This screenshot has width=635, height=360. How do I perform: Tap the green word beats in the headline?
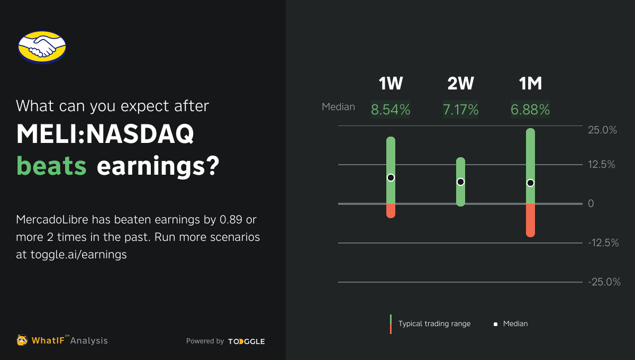point(51,166)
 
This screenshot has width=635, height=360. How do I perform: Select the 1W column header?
point(391,84)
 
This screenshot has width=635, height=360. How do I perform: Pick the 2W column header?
point(460,84)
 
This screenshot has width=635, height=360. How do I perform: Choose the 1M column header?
point(530,84)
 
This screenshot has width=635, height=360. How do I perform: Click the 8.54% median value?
point(391,110)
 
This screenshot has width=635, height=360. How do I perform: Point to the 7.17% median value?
point(460,110)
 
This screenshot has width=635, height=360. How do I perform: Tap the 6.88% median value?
point(530,110)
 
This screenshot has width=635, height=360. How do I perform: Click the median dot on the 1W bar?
point(391,177)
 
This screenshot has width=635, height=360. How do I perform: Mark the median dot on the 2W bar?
point(460,182)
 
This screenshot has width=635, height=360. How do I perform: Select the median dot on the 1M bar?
point(530,183)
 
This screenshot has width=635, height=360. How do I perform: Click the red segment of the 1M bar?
point(530,220)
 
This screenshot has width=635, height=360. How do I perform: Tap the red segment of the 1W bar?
point(391,210)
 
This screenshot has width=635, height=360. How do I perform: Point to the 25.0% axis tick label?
point(602,130)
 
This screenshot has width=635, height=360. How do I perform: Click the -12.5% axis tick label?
point(603,243)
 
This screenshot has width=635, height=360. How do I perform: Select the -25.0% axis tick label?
point(604,282)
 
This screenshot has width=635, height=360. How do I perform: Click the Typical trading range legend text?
point(434,323)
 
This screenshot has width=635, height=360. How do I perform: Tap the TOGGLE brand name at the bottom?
point(247,341)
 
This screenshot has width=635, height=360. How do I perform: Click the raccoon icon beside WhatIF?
point(22,340)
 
